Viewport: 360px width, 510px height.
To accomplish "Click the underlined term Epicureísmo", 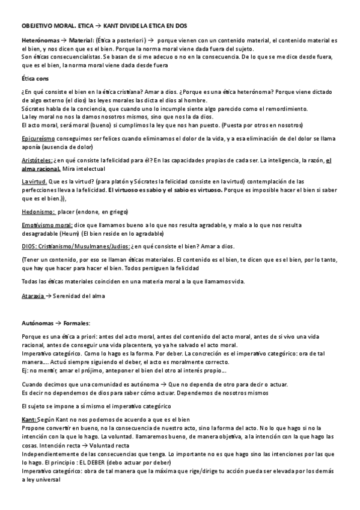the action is (x=37, y=139).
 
